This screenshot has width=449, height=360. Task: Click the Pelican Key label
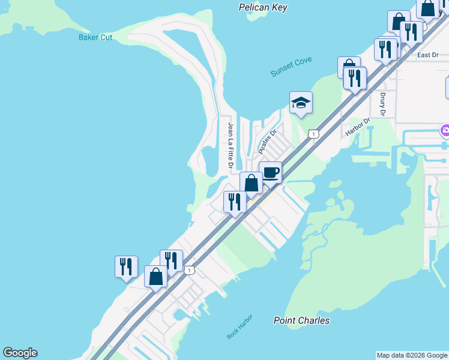[x=263, y=8]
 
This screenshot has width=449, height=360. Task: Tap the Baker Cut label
[x=95, y=37]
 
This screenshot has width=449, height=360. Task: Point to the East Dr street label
[x=427, y=55]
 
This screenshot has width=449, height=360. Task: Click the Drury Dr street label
[x=382, y=104]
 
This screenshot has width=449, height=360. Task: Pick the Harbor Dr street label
[x=358, y=127]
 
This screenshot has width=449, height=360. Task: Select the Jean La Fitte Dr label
[x=230, y=145]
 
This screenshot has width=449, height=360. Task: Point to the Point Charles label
[x=301, y=320]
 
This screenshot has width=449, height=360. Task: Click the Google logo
[x=20, y=353]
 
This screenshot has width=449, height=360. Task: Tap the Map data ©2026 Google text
[x=412, y=355]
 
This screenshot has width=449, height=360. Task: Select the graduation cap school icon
[x=301, y=103]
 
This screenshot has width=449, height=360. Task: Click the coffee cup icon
[x=270, y=172]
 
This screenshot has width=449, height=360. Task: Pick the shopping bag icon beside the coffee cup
[x=251, y=182]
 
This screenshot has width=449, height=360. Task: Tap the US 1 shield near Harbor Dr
[x=313, y=134]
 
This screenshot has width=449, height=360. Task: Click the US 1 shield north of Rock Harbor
[x=190, y=271]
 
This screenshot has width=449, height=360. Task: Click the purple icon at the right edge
[x=445, y=130]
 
